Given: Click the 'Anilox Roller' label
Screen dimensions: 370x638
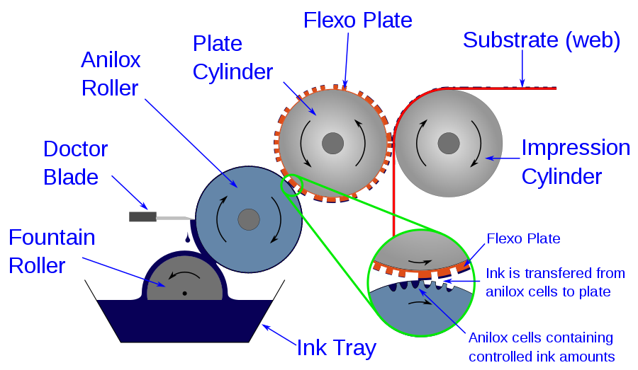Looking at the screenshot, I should point(111,74).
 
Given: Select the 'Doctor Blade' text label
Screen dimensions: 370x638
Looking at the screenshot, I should point(75,163).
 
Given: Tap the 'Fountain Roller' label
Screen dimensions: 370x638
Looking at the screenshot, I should point(52,251).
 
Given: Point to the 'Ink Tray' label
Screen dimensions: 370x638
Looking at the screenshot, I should point(336,347).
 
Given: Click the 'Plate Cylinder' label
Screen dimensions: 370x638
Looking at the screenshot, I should point(233,57).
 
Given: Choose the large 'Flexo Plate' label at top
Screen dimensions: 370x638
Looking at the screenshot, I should point(357,20).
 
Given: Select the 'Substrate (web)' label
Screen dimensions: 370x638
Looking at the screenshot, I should point(542,40).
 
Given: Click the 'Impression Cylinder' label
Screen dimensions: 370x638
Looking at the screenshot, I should point(575,161).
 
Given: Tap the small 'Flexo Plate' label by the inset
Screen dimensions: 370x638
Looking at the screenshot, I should point(523,238).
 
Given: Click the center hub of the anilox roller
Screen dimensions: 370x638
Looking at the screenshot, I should point(248,219).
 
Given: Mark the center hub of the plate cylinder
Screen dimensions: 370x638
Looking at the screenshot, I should point(332,144).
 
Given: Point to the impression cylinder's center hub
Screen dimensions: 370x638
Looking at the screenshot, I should point(448,144).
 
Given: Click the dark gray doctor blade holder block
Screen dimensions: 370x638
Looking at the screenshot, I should point(142,216).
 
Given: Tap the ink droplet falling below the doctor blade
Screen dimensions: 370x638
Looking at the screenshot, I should point(187,238).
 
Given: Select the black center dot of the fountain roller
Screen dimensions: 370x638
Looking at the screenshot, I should point(184,293).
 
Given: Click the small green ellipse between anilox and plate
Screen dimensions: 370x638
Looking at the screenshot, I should point(291,185).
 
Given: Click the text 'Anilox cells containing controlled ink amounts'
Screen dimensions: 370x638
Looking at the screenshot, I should point(540,347).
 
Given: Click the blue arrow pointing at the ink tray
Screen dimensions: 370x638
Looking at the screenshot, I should point(279,334).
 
